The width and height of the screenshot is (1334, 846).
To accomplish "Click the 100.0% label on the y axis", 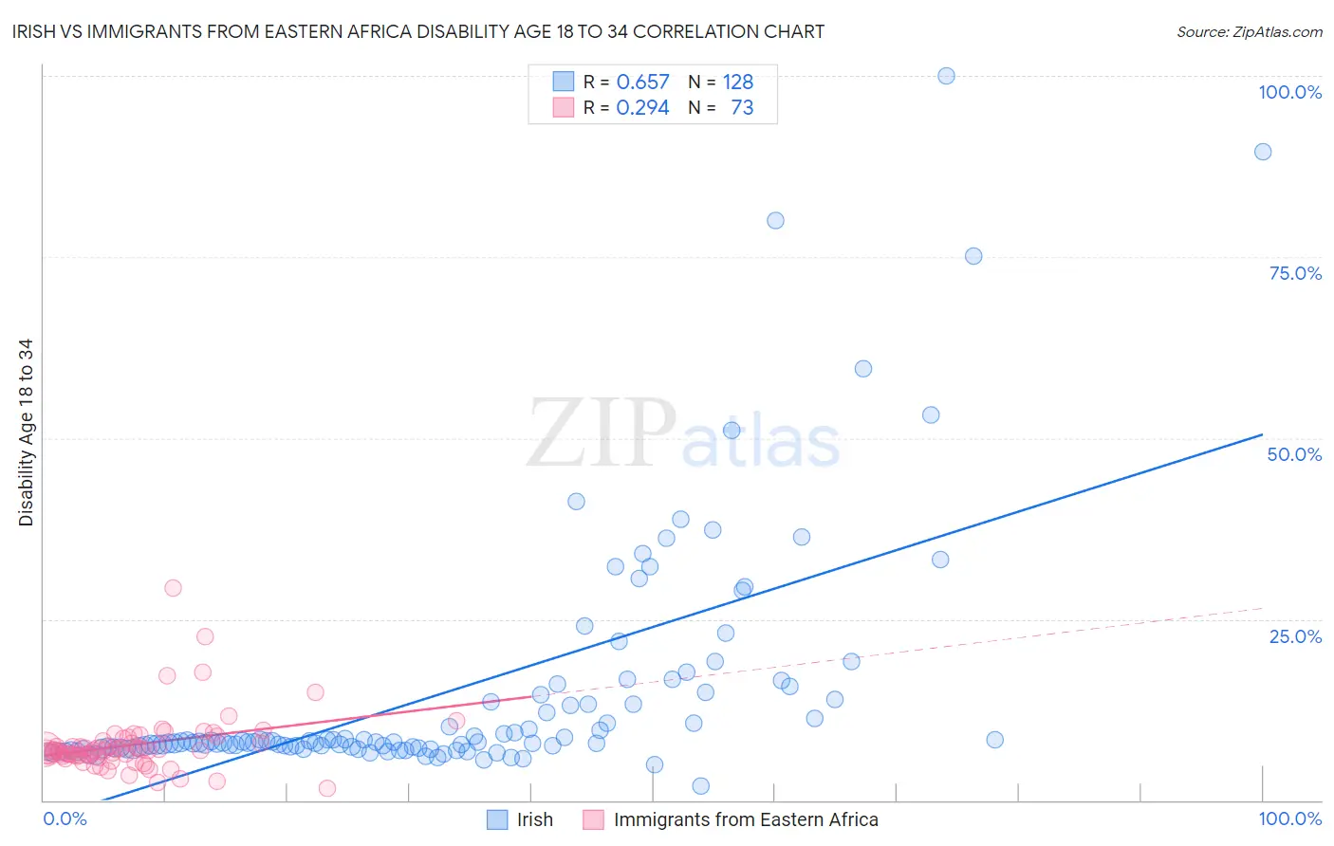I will click(x=1289, y=92).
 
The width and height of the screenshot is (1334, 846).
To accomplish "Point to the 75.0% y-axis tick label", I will click(x=1295, y=273).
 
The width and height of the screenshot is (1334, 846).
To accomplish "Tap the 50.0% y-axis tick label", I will click(x=1294, y=454).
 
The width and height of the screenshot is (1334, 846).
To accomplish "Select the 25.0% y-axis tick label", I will click(x=1295, y=636).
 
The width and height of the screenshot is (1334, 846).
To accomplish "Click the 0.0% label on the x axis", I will click(x=65, y=818).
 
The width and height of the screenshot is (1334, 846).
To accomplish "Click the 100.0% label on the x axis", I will click(x=1289, y=818).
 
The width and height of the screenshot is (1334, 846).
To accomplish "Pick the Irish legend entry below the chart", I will click(x=534, y=819).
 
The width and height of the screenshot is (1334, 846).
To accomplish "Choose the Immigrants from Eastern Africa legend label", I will click(x=746, y=819).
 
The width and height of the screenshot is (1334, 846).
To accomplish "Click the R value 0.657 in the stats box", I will click(x=642, y=82).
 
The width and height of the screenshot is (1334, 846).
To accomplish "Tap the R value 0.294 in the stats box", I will click(x=642, y=107).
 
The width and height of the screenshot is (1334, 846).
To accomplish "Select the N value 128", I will click(x=737, y=82).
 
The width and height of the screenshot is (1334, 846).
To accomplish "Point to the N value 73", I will click(x=742, y=107).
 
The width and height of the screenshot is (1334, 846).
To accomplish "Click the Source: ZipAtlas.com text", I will click(x=1249, y=31).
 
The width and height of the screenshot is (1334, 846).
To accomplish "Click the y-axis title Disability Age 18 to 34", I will click(x=26, y=432).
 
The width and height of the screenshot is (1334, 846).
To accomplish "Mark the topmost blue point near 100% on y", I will click(x=946, y=76).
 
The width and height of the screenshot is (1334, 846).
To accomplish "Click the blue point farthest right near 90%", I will click(x=1262, y=152).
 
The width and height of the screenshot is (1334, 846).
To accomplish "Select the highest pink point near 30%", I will click(x=173, y=588).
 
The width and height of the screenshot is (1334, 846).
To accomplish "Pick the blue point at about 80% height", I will click(x=775, y=220).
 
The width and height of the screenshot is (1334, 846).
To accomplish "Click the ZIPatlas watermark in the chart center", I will click(x=683, y=435).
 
